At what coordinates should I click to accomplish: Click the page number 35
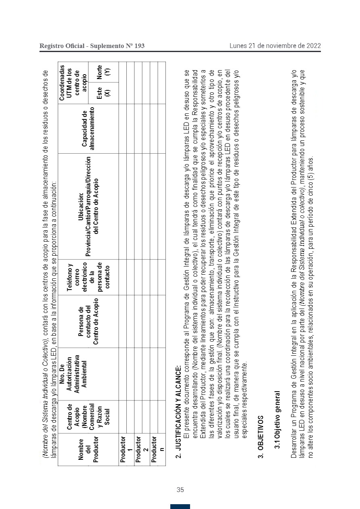pos(180,490)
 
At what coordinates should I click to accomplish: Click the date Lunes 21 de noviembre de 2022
pos(275,46)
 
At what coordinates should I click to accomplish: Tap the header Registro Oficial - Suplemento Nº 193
pos(92,46)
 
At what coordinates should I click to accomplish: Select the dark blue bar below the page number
pos(180,506)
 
